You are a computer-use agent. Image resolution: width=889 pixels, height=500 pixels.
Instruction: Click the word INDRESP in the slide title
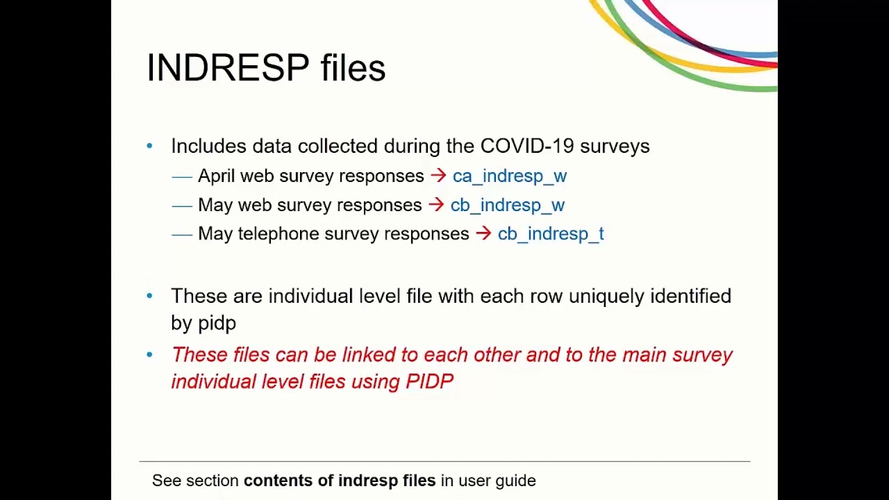[x=228, y=68]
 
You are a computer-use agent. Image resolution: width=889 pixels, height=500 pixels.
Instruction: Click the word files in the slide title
[x=353, y=68]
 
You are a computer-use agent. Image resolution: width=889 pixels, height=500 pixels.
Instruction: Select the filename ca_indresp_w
[x=509, y=176]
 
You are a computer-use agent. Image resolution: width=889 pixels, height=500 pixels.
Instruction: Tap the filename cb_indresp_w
[x=507, y=206]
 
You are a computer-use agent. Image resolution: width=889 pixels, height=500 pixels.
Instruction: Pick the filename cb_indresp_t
[x=551, y=234]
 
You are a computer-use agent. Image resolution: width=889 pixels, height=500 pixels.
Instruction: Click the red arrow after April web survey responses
[x=438, y=176]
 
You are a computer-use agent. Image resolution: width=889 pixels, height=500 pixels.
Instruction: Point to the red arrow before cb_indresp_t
[x=483, y=233]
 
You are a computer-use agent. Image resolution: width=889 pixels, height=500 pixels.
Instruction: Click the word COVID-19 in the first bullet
[x=527, y=146]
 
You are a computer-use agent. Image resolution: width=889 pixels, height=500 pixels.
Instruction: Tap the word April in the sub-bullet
[x=216, y=176]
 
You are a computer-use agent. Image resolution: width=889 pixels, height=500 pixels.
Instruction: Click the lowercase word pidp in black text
[x=217, y=324]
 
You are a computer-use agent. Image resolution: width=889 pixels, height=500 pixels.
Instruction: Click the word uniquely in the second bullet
[x=606, y=297]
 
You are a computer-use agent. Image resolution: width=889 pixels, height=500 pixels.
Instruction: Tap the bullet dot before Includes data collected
[x=149, y=146]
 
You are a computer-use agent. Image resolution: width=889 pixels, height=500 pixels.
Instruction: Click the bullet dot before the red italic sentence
[x=149, y=355]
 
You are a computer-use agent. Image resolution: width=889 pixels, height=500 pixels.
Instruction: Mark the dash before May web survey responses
[x=181, y=206]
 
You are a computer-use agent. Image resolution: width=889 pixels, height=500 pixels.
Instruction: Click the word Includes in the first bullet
[x=208, y=146]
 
